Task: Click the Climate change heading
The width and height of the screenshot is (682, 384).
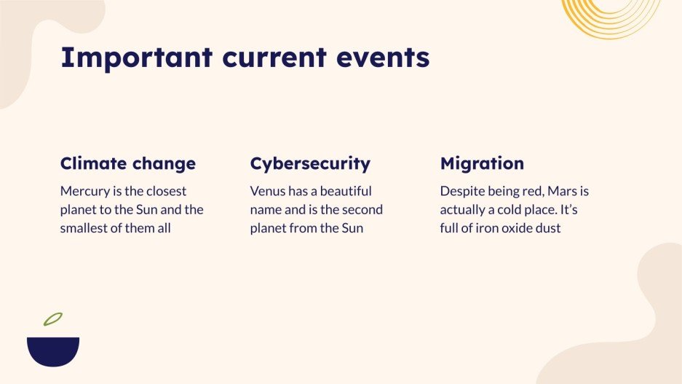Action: pos(127,163)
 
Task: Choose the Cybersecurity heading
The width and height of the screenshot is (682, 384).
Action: pos(310,163)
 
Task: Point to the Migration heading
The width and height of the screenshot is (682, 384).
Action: pos(482,163)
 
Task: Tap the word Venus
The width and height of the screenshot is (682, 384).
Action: pos(268,192)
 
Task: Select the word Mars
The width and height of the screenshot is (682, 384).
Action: pos(560,192)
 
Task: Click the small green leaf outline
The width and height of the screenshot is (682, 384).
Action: pos(52,319)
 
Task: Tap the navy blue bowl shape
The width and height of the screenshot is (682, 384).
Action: pos(53,350)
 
